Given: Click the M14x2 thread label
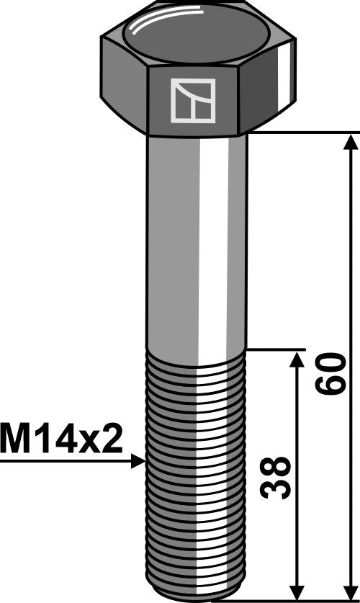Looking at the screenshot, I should (x=62, y=438).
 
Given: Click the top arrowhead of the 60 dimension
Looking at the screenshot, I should (x=351, y=142).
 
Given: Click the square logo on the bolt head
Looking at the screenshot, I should (x=193, y=100).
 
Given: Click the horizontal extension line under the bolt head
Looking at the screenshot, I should (x=302, y=133).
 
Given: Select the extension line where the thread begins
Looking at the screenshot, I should (x=274, y=349).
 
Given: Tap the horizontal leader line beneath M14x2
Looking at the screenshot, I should (x=65, y=461).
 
